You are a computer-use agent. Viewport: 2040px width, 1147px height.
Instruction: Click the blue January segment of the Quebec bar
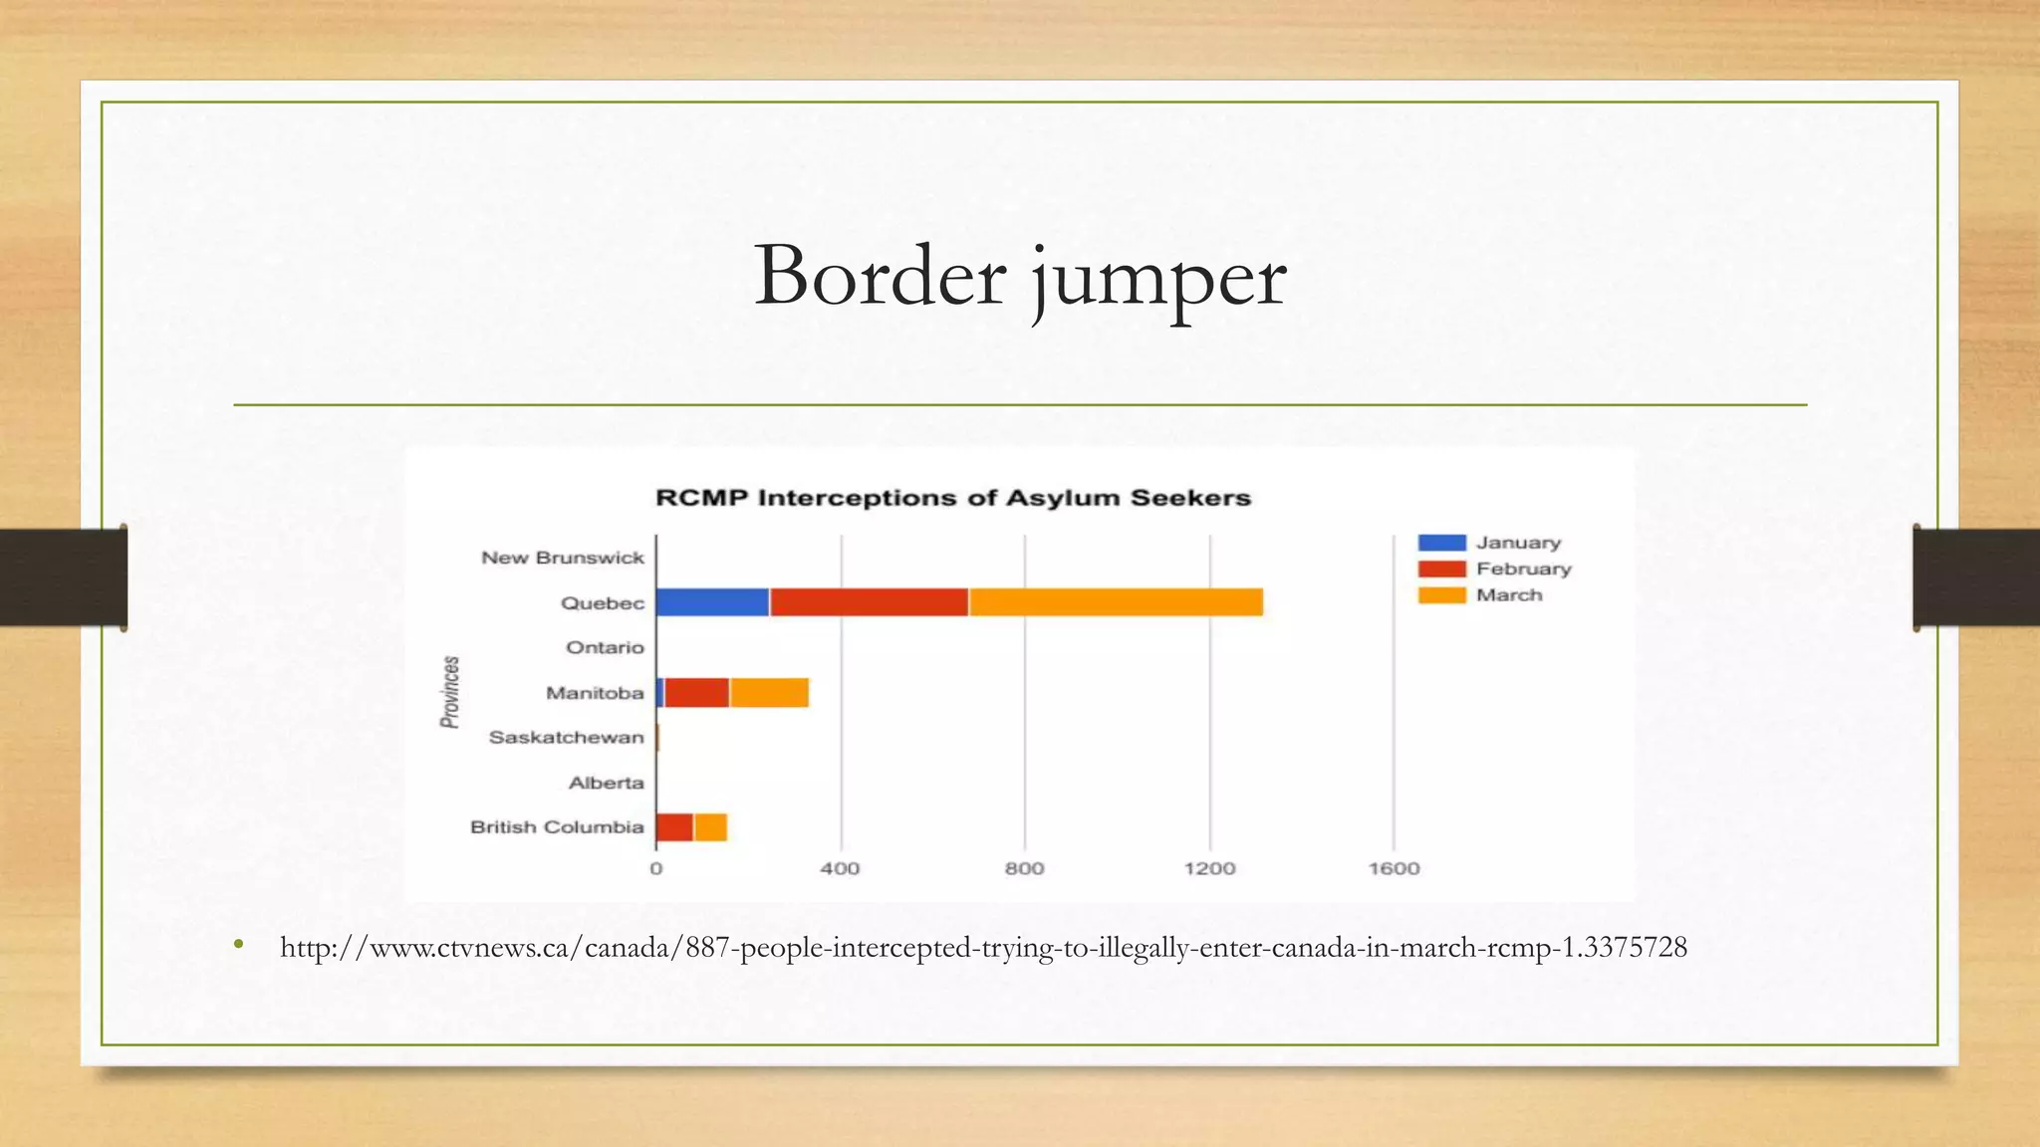(712, 602)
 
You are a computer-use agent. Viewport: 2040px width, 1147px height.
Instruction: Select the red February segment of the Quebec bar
(869, 602)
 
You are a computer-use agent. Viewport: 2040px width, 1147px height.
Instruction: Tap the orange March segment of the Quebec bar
(1116, 602)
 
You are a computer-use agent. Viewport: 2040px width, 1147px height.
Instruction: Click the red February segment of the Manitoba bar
(696, 693)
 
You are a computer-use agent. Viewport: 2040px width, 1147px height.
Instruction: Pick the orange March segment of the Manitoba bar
(769, 693)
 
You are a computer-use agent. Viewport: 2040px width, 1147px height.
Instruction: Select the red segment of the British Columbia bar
(674, 827)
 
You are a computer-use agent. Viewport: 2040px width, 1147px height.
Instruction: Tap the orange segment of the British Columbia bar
(710, 827)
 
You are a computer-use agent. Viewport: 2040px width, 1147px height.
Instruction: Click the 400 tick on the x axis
(840, 868)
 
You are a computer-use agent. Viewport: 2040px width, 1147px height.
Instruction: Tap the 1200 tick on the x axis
(1209, 868)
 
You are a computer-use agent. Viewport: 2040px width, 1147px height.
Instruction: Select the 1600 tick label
(1394, 868)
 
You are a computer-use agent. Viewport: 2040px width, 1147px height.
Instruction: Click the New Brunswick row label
(563, 558)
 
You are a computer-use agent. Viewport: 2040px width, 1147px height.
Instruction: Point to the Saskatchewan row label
(566, 738)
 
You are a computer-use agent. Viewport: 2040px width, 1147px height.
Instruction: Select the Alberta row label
(606, 783)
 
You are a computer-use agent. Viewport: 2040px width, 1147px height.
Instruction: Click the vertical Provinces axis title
(450, 692)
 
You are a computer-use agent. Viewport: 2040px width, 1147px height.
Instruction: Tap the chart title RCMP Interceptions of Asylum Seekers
(952, 498)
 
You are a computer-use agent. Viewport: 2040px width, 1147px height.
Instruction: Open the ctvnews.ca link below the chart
(983, 947)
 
